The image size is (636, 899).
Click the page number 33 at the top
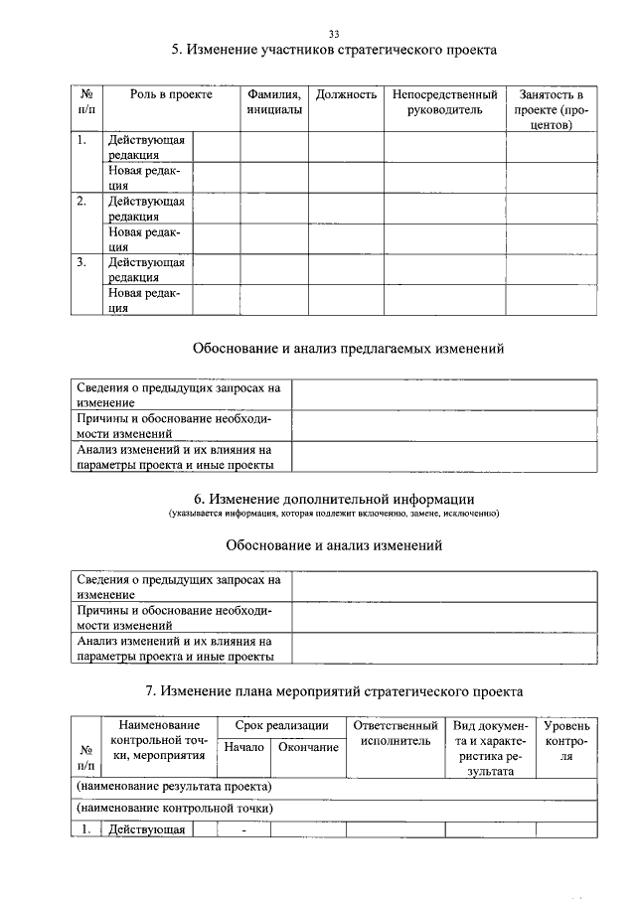pos(334,34)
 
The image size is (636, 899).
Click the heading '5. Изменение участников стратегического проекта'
pos(334,49)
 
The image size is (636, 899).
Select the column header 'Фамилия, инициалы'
pos(274,102)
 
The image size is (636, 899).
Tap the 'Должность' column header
pos(346,95)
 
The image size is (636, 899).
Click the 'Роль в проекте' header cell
pos(171,95)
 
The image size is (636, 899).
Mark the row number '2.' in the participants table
pos(82,201)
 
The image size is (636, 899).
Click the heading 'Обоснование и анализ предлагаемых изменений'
pos(334,349)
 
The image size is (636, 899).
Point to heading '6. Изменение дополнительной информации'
pos(334,498)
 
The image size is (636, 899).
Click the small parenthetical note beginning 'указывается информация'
pos(334,514)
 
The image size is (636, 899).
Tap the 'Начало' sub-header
pos(243,747)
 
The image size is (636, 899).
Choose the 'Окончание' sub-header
pos(308,747)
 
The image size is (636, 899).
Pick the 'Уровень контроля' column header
pos(566,741)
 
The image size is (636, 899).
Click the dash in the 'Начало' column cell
pos(243,831)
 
